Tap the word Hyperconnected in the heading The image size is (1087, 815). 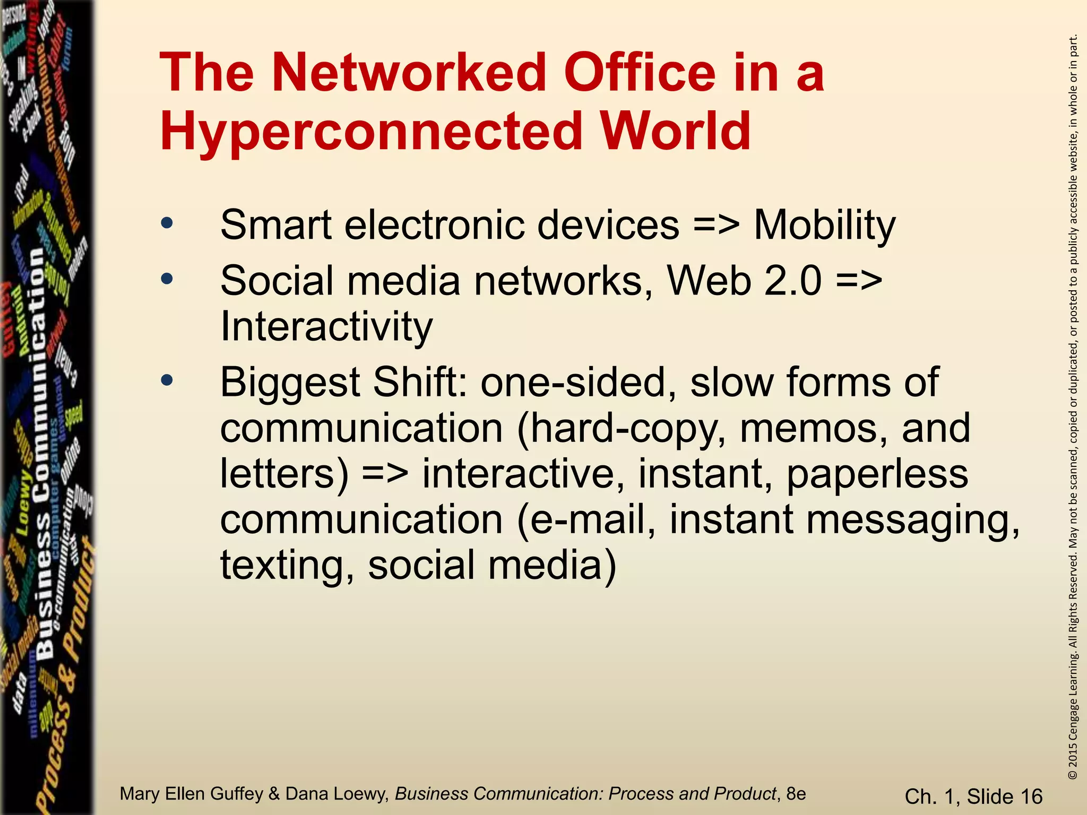click(x=372, y=131)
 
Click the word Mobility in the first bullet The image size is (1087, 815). click(x=825, y=226)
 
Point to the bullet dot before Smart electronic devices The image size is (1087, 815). click(x=167, y=223)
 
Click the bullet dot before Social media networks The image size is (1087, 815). click(x=167, y=279)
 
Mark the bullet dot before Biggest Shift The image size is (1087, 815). click(x=167, y=380)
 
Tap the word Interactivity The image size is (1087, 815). click(x=326, y=326)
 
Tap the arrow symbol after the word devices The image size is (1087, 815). click(x=716, y=226)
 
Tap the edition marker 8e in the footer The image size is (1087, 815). click(x=796, y=794)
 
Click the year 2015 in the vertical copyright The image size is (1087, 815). click(x=1073, y=753)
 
